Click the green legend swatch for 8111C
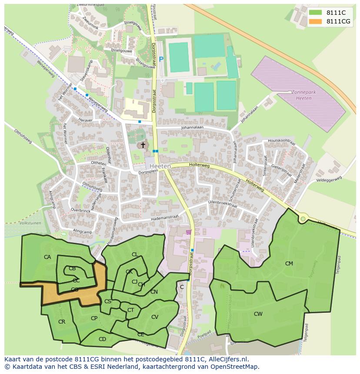pyautogui.click(x=315, y=13)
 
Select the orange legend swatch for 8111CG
pyautogui.click(x=315, y=21)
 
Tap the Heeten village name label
pyautogui.click(x=160, y=166)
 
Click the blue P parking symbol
pyautogui.click(x=161, y=60)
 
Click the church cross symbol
pyautogui.click(x=143, y=145)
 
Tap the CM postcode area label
pyautogui.click(x=289, y=264)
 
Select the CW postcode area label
pyautogui.click(x=258, y=314)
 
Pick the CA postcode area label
pyautogui.click(x=47, y=257)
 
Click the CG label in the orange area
pyautogui.click(x=74, y=289)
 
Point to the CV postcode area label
pyautogui.click(x=154, y=317)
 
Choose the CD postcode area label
pyautogui.click(x=102, y=339)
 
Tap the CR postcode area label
pyautogui.click(x=62, y=322)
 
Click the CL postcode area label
pyautogui.click(x=135, y=255)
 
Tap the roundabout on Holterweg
pyautogui.click(x=303, y=219)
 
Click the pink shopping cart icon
pyautogui.click(x=188, y=232)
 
